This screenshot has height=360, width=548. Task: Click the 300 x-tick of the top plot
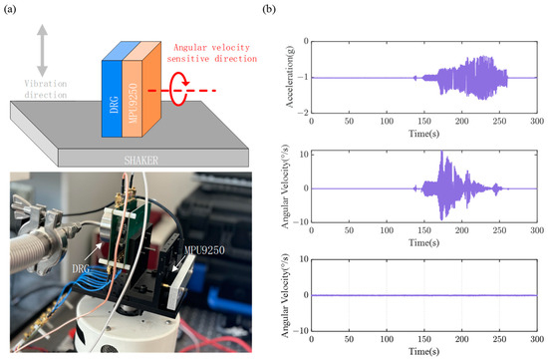click(538, 120)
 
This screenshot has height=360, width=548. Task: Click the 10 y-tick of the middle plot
click(303, 151)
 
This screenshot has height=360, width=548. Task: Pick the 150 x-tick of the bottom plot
click(424, 339)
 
